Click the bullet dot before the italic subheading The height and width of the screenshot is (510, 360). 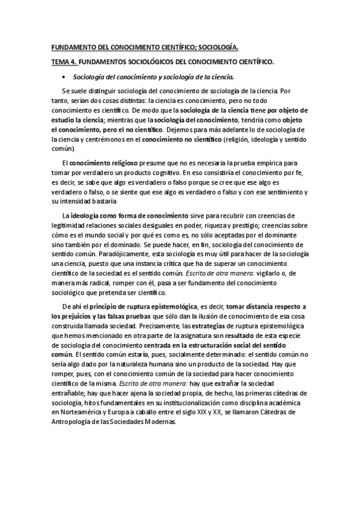(63, 78)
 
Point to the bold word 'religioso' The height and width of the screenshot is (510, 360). (124, 163)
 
